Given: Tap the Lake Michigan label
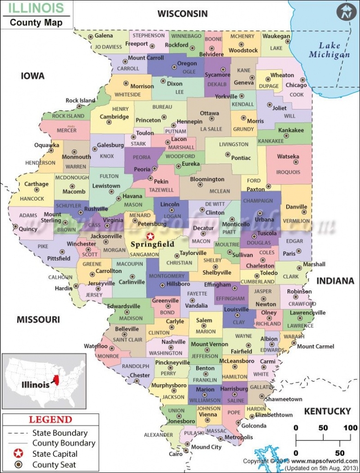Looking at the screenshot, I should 329,50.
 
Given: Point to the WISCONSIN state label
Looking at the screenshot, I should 183,13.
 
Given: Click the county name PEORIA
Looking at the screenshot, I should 142,158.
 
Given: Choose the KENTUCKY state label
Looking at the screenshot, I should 327,411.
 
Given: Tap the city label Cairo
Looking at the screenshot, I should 175,454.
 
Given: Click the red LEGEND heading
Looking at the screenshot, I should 51,420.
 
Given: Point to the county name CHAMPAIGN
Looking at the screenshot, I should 258,201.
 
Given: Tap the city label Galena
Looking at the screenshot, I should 104,36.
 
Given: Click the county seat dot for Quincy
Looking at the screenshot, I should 16,227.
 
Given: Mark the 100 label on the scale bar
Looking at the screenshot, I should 350,428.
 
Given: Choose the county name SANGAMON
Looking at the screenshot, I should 144,255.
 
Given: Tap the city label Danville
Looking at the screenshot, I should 296,206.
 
